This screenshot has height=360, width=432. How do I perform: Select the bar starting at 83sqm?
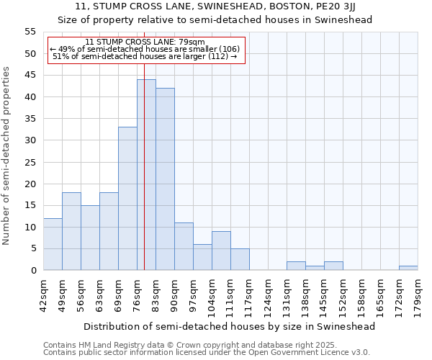pyautogui.click(x=165, y=179)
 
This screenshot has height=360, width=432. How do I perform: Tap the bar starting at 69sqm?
pyautogui.click(x=127, y=199)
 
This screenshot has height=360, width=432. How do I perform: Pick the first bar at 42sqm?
pyautogui.click(x=53, y=244)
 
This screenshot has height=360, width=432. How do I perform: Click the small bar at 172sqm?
pyautogui.click(x=408, y=268)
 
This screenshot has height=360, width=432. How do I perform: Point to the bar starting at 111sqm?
pyautogui.click(x=240, y=259)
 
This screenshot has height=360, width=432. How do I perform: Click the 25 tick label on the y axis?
pyautogui.click(x=30, y=162)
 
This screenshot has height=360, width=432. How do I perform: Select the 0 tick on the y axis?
pyautogui.click(x=33, y=270)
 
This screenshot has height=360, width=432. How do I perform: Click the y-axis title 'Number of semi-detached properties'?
pyautogui.click(x=6, y=156)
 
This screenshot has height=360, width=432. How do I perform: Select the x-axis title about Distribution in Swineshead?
pyautogui.click(x=230, y=326)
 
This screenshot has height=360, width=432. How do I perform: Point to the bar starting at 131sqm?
pyautogui.click(x=296, y=266)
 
